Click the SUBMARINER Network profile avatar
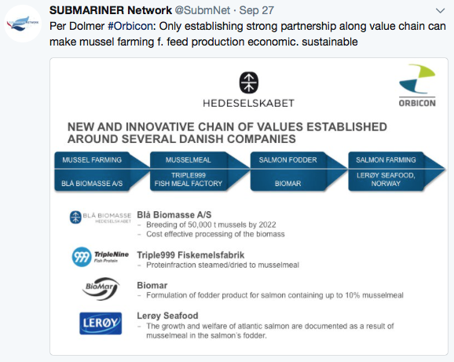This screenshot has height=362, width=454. coord(23,24)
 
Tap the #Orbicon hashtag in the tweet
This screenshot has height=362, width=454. coord(130,27)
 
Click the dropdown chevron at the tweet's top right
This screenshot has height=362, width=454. coord(440,11)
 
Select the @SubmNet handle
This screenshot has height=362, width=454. coord(203,11)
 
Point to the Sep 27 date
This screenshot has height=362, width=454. coord(257,11)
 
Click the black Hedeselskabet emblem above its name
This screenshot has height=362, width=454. coord(248,82)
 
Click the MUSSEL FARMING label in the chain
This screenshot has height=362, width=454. coord(92,159)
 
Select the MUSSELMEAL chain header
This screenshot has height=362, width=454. coord(189,159)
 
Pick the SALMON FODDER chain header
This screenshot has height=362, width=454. coord(287,159)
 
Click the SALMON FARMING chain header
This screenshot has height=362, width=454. coord(386,159)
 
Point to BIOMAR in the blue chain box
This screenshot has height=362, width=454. coord(287,184)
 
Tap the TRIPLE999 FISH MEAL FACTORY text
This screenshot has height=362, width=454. coord(189,179)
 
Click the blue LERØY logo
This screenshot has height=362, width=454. coord(101,324)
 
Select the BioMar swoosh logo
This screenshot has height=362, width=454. coord(101,288)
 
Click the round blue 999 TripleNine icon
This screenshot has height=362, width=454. coord(82,257)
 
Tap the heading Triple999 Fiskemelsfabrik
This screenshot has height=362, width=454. coord(191,255)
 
